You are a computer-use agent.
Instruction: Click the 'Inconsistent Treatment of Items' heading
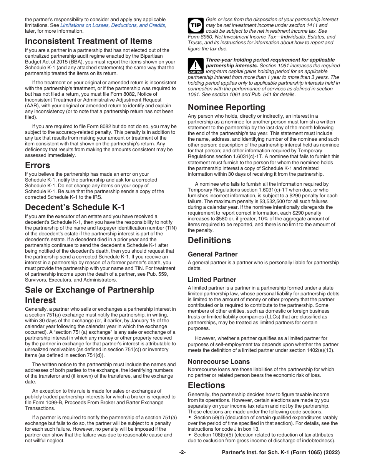tap(88, 41)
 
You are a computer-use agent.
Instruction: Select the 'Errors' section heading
tap(38, 165)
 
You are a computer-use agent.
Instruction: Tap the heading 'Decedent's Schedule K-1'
tap(75, 207)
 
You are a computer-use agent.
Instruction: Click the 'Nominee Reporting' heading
tap(226, 107)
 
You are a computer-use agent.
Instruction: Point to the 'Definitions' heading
tap(209, 240)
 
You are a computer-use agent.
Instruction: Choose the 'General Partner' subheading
tap(212, 254)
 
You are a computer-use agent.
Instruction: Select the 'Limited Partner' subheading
tap(212, 280)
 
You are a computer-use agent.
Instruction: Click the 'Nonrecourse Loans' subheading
tap(219, 361)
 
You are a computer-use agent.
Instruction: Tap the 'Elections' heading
tap(206, 385)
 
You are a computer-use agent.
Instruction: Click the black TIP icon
tap(195, 25)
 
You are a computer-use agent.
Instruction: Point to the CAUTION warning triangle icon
tap(195, 66)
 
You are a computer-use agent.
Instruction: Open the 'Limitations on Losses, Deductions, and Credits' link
tap(113, 25)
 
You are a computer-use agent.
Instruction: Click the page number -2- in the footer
tap(182, 453)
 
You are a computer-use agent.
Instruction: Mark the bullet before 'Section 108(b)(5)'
tap(190, 435)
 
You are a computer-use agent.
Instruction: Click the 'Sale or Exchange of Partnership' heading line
tap(90, 290)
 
